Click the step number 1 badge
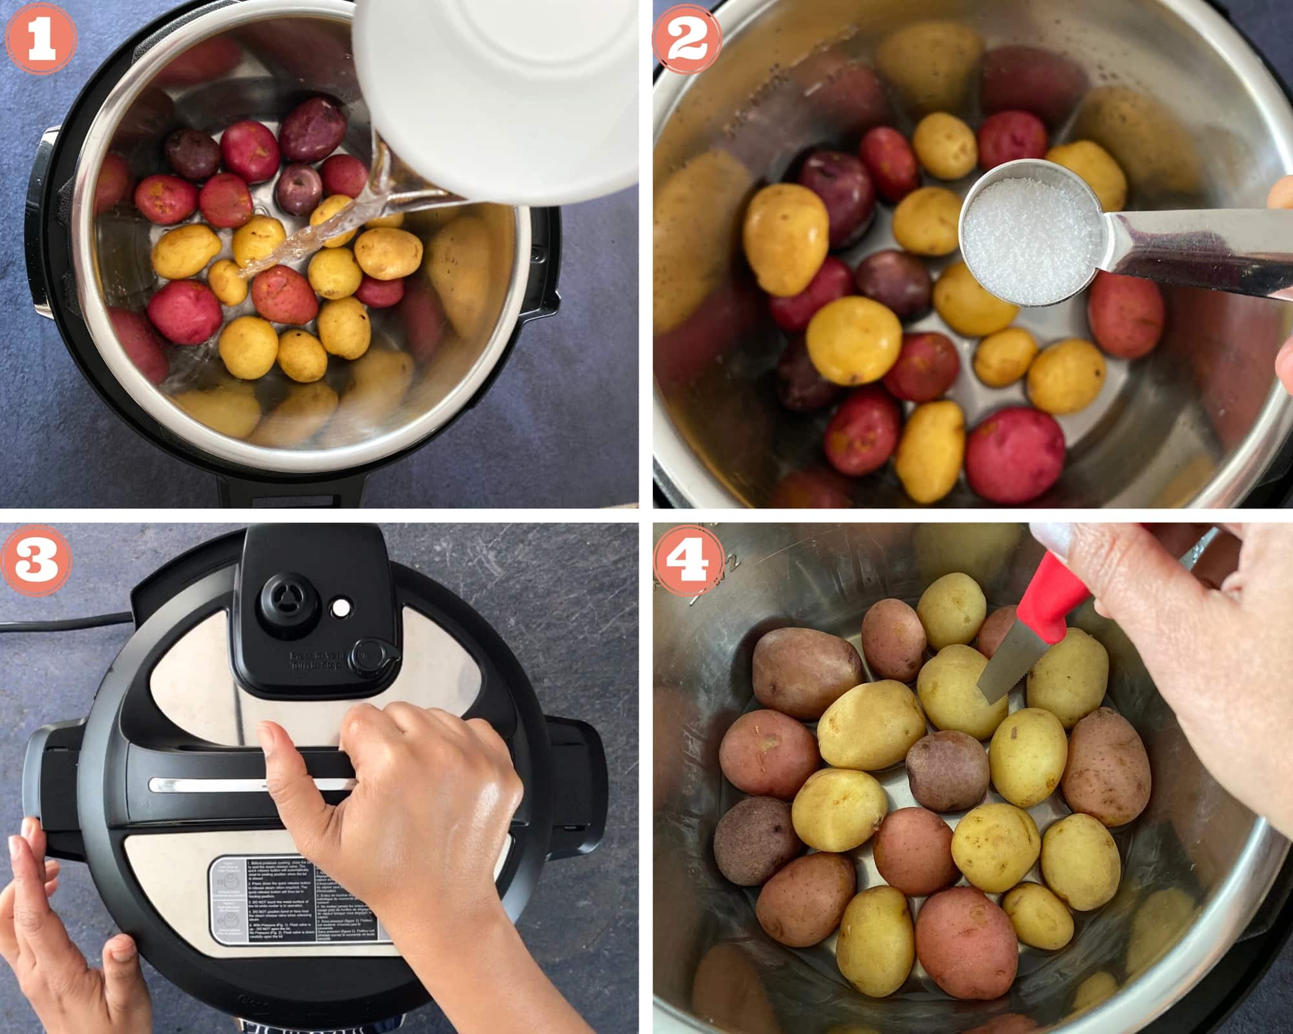(40, 40)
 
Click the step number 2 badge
(687, 40)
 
